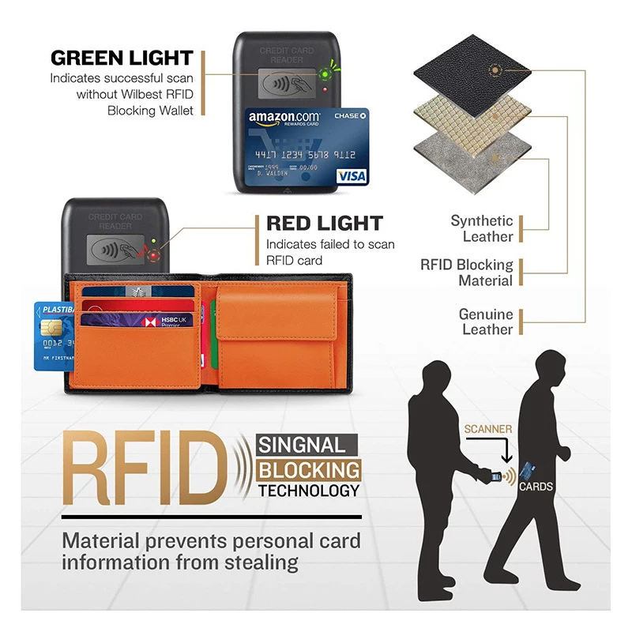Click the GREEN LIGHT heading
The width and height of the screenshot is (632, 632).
[122, 58]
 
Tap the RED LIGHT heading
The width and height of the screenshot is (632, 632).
[324, 224]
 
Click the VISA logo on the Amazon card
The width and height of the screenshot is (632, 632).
[351, 176]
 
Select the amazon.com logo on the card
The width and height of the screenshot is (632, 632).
[283, 119]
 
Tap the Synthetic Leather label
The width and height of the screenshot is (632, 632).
[482, 229]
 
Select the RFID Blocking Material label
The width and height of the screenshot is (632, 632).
[467, 273]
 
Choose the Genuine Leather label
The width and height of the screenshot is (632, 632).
[486, 322]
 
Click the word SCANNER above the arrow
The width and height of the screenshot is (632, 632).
[488, 429]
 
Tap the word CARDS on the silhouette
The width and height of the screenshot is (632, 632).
[535, 487]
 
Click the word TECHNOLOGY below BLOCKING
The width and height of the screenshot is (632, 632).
[309, 491]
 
